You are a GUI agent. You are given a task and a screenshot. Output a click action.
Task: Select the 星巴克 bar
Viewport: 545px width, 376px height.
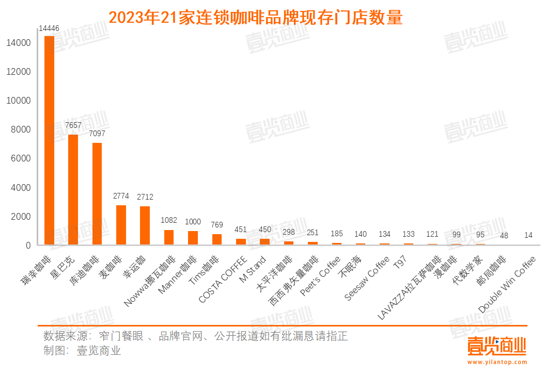[73, 189]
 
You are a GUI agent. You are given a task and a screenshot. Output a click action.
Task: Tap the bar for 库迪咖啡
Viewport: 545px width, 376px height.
[97, 193]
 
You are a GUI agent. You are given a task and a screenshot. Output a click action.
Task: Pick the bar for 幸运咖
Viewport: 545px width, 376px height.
[145, 225]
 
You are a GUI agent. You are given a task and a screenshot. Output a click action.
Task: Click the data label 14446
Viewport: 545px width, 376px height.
[49, 28]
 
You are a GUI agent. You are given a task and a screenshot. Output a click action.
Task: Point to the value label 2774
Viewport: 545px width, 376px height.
[121, 197]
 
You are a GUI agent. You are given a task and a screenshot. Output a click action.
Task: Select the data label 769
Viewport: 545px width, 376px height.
[216, 225]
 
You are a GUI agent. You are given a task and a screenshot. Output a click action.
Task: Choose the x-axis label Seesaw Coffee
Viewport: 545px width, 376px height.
[367, 279]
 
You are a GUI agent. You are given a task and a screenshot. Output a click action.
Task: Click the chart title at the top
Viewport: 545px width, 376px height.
[255, 18]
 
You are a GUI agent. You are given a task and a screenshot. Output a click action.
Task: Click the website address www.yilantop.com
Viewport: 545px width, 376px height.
[496, 362]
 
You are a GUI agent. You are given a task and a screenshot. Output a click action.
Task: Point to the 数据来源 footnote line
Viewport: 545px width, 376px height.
[195, 336]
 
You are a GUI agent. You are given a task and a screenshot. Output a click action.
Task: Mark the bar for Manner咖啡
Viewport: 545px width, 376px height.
[193, 238]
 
